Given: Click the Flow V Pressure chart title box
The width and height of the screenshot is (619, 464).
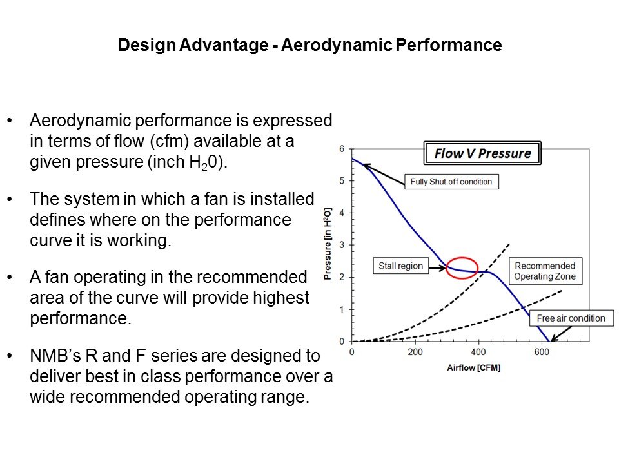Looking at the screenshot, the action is (x=482, y=153).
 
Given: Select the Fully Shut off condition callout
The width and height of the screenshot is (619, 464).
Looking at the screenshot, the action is (x=451, y=182).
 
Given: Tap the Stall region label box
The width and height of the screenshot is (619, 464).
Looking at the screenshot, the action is (x=400, y=266).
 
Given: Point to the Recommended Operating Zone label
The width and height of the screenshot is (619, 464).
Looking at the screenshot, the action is (x=545, y=271).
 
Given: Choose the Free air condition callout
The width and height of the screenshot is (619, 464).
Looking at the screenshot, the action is (x=571, y=318).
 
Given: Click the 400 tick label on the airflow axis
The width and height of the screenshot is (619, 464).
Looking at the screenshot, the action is (x=478, y=352).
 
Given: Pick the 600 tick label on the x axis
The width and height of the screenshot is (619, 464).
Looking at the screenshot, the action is (x=542, y=352).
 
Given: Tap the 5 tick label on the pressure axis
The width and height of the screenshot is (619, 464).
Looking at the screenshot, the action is (x=342, y=180).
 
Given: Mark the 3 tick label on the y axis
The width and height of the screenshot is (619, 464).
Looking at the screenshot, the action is (x=342, y=245).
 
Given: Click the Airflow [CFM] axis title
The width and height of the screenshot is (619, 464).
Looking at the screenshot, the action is (x=474, y=368).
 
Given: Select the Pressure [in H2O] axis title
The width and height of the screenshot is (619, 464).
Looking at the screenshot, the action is (x=328, y=244).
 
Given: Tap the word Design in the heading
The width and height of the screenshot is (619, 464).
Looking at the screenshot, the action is (x=146, y=45).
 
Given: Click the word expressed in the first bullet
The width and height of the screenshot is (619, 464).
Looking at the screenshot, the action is (x=292, y=121).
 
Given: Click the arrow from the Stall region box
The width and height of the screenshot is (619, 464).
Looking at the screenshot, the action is (x=437, y=268).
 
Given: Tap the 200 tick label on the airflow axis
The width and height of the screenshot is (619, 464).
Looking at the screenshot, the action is (x=415, y=352).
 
